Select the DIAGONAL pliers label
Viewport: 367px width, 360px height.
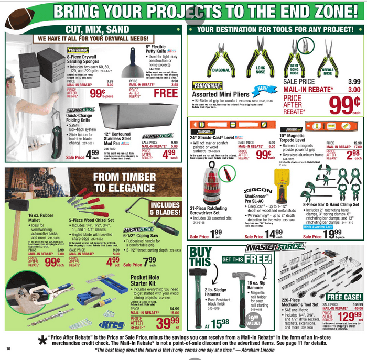221,70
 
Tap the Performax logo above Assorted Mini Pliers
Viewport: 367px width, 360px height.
207,85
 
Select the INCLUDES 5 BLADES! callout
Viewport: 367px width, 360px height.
166,209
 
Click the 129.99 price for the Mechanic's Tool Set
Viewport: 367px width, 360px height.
344,317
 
